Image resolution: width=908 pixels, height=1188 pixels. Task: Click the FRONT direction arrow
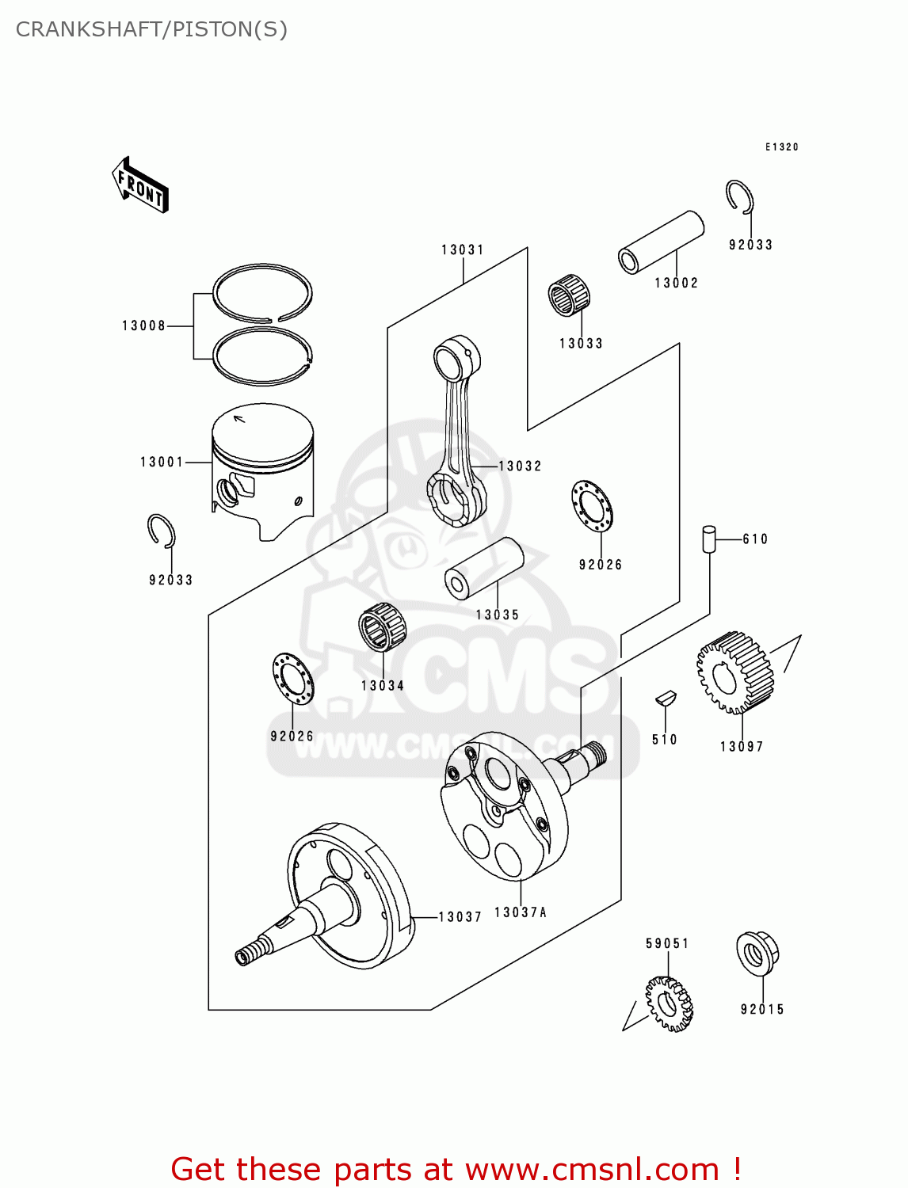[141, 185]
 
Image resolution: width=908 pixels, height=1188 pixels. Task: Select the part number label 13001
[162, 462]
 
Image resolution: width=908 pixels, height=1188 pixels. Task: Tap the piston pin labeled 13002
[661, 242]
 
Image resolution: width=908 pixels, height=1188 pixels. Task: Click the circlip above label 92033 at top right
[740, 196]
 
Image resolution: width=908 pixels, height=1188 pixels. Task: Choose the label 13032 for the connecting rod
[520, 466]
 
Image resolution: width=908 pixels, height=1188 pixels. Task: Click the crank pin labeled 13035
[484, 569]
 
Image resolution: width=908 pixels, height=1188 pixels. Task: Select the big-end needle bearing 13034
[382, 626]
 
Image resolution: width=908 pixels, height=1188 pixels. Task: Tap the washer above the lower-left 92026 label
[292, 679]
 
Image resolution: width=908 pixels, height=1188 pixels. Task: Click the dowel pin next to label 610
[708, 539]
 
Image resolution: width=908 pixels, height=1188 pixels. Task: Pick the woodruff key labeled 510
[665, 699]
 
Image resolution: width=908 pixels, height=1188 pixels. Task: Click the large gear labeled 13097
[734, 672]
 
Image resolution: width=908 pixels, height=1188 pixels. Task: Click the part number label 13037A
[521, 912]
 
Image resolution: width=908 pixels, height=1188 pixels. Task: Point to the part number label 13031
[463, 249]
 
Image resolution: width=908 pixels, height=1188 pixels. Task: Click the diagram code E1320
[781, 147]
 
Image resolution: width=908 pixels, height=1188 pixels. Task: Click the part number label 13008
[143, 326]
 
